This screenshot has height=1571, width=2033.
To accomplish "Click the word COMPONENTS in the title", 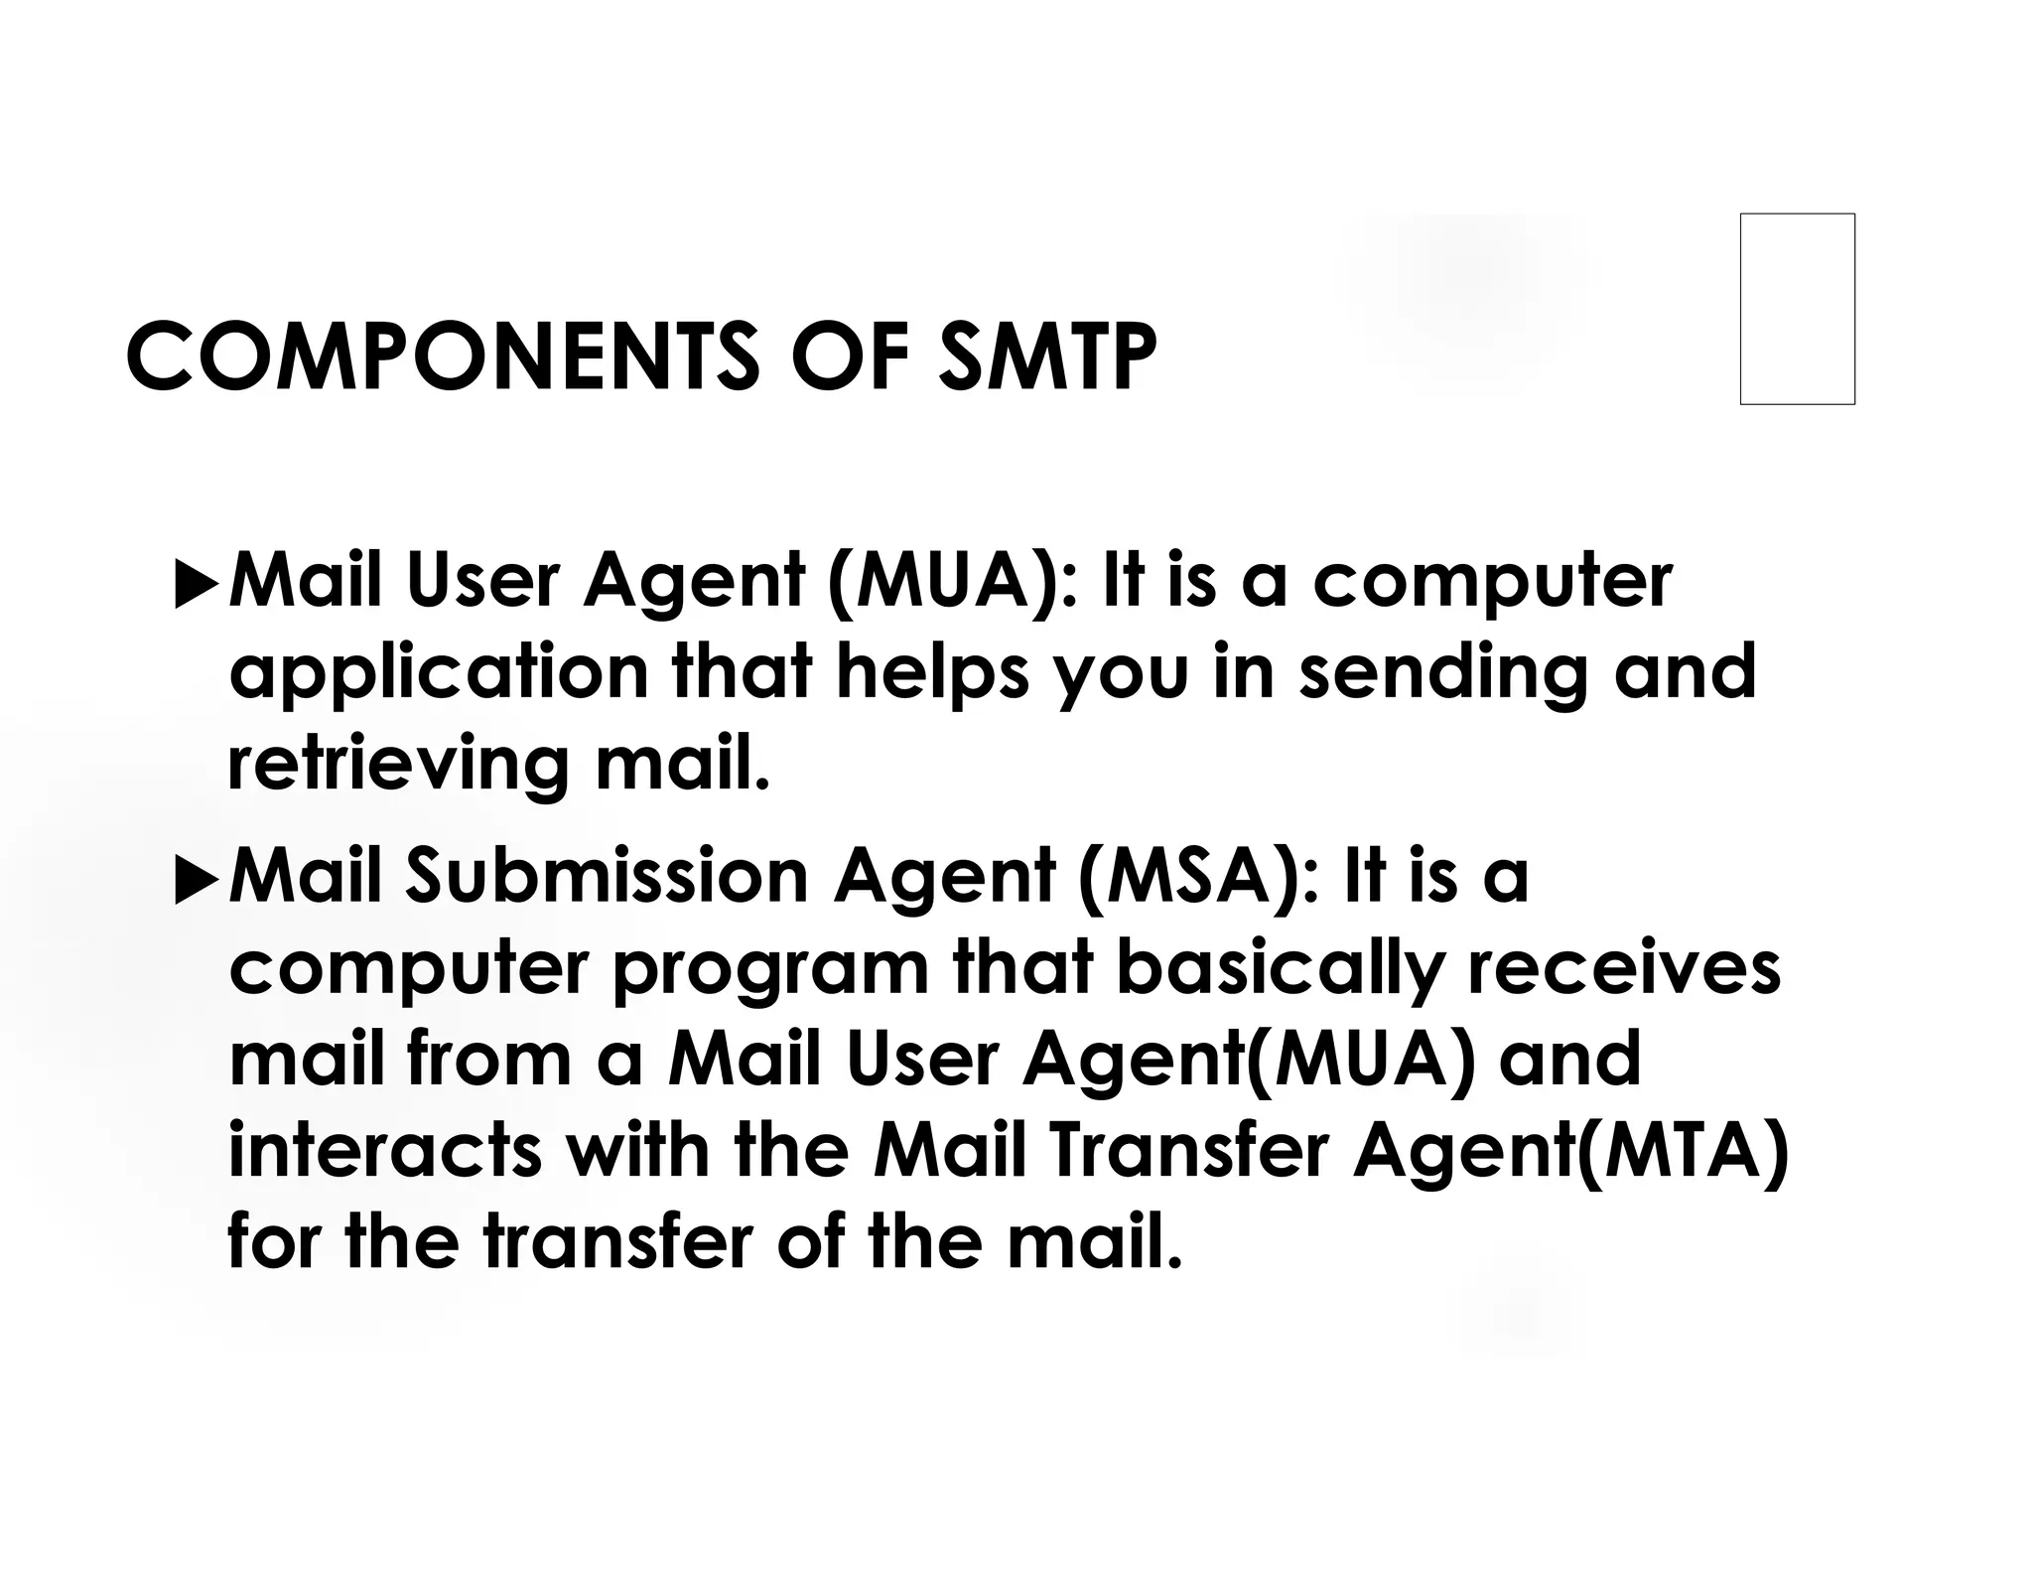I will (442, 357).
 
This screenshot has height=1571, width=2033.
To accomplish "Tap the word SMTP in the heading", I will (1046, 357).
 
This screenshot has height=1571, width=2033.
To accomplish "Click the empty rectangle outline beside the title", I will (1797, 309).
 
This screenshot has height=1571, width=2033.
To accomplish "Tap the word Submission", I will (607, 877).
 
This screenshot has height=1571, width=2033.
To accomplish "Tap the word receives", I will (1624, 969).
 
